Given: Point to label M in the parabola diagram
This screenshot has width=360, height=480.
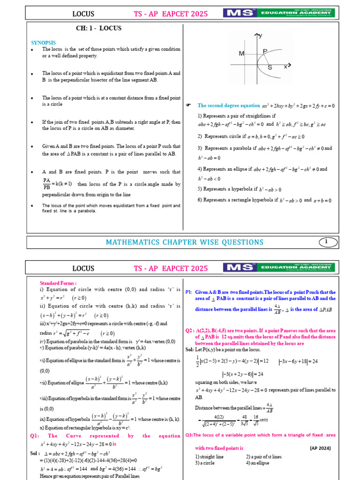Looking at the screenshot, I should coord(241,54).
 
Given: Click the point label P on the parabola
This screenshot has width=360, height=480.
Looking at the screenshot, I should coord(265,51).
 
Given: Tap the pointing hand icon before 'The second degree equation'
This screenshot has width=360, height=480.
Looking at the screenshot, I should coord(188,106).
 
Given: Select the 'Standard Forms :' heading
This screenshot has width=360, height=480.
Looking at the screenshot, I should coord(58,283).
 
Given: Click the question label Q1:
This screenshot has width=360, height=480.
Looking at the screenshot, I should coord(34,436).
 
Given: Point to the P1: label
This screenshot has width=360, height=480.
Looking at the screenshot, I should coord(189,292).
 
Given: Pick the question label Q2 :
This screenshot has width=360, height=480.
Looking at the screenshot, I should coord(190,330).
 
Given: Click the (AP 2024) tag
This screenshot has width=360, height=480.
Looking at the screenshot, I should coord(320,448).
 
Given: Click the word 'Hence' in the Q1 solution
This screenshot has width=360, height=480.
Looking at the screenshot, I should coord(47,476).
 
